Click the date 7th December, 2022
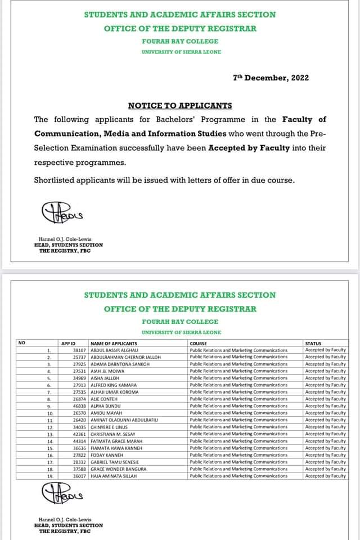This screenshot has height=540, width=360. pyautogui.click(x=271, y=78)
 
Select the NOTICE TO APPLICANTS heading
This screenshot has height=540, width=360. pyautogui.click(x=180, y=105)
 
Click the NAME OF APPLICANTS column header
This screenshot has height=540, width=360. pyautogui.click(x=114, y=343)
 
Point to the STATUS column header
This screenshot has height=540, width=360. pyautogui.click(x=313, y=343)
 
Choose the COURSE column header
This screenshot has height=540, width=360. pyautogui.click(x=199, y=343)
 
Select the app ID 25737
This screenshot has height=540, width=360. pyautogui.click(x=79, y=357)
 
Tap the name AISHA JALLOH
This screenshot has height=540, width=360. pyautogui.click(x=105, y=378)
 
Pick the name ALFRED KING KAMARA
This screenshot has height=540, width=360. pyautogui.click(x=113, y=385)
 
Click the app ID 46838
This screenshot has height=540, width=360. pyautogui.click(x=79, y=406)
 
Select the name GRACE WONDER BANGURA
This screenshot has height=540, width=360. pyautogui.click(x=118, y=469)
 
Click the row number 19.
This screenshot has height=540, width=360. pyautogui.click(x=50, y=476)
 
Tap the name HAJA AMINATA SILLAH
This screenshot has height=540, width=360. pyautogui.click(x=114, y=476)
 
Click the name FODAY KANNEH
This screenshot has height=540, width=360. pyautogui.click(x=107, y=455)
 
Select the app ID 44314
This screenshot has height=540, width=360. pyautogui.click(x=79, y=441)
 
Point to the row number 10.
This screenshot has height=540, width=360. pyautogui.click(x=50, y=413)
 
